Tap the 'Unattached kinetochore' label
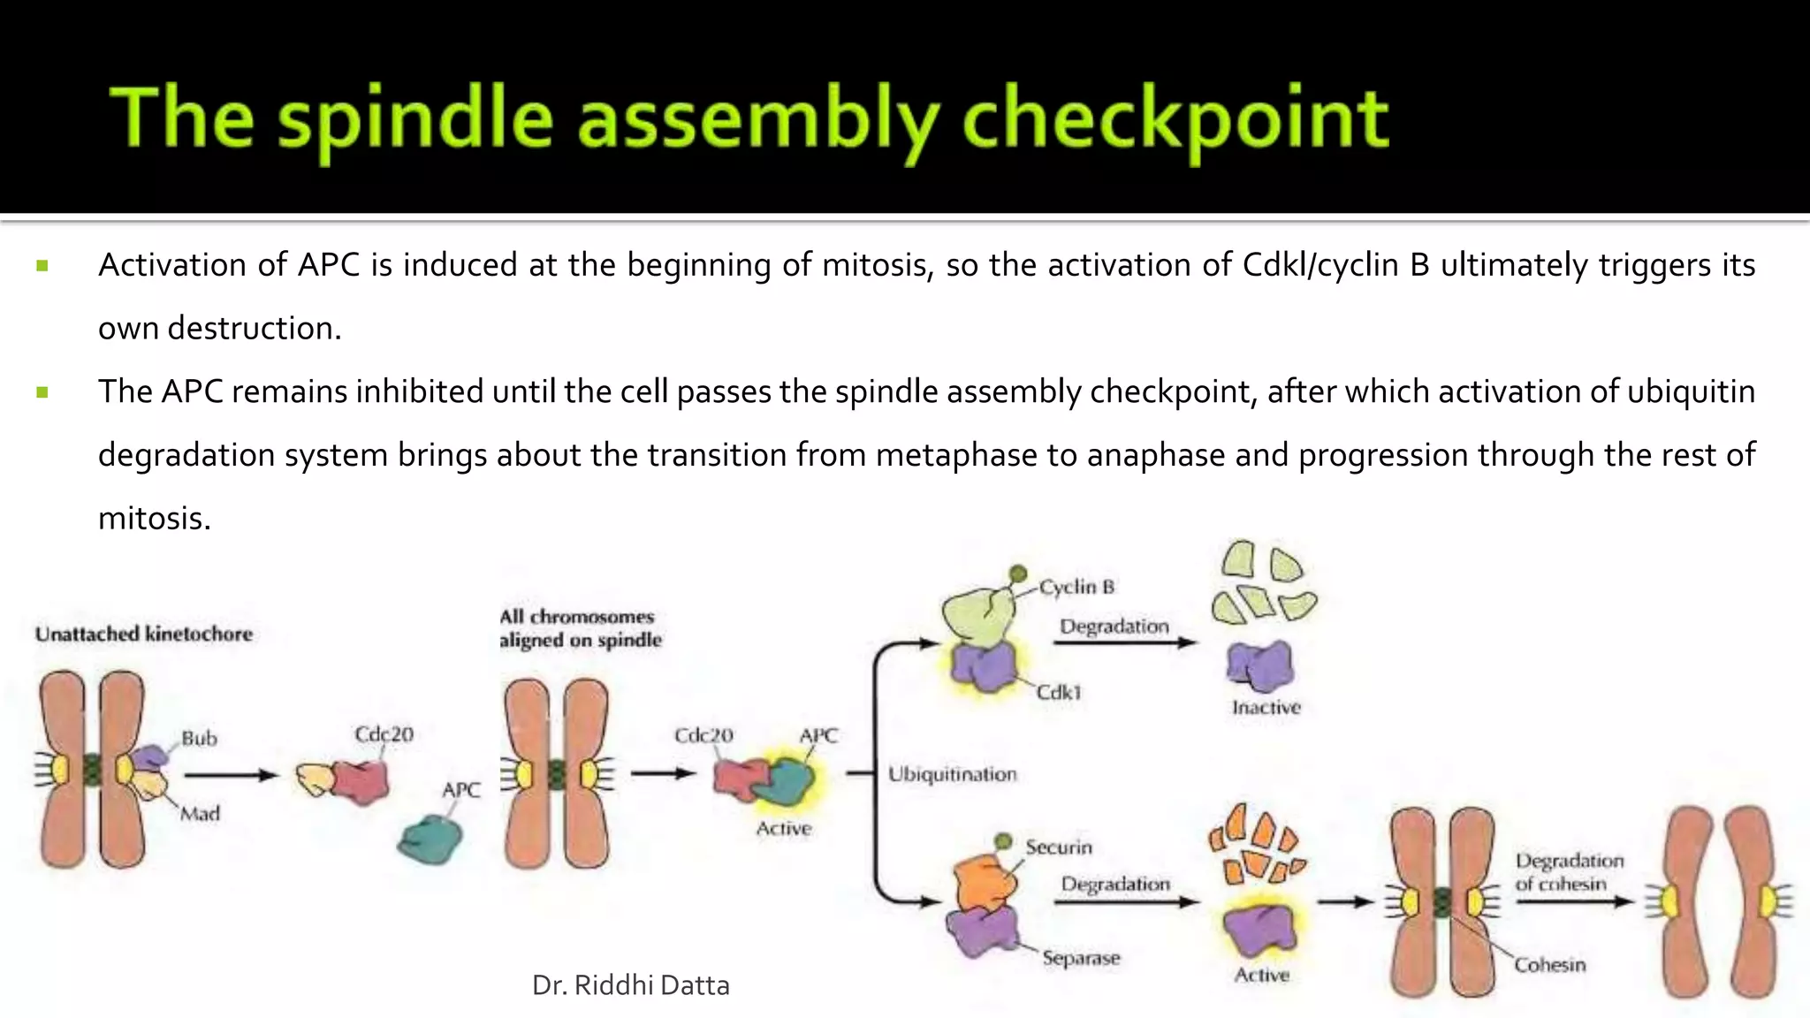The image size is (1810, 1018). tap(144, 634)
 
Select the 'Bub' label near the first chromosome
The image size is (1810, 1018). tap(199, 738)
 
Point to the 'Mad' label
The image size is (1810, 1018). tap(200, 813)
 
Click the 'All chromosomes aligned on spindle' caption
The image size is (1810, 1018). tap(580, 628)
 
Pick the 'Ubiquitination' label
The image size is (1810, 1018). tap(952, 774)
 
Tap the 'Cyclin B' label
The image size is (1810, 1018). tap(1076, 587)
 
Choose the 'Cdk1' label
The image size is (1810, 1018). tap(1059, 692)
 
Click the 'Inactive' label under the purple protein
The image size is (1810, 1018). tap(1266, 707)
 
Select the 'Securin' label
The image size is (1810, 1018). tap(1059, 847)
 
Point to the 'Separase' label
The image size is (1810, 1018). tap(1081, 958)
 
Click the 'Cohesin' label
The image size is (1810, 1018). tap(1550, 964)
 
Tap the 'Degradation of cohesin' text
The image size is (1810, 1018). tap(1570, 871)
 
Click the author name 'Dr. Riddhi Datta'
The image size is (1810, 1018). tap(631, 985)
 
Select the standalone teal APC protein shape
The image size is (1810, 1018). tap(430, 839)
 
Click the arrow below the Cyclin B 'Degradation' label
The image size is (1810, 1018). tap(1124, 642)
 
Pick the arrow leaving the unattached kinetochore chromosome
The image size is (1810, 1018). tap(231, 775)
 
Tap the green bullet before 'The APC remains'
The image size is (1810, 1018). tap(42, 391)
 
